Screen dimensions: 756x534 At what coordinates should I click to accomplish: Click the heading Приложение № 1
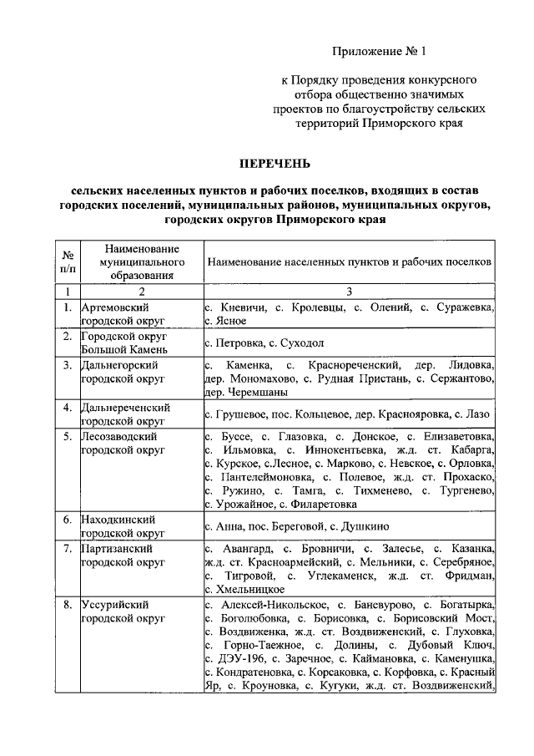pyautogui.click(x=379, y=50)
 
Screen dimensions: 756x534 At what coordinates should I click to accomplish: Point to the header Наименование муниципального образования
pyautogui.click(x=140, y=261)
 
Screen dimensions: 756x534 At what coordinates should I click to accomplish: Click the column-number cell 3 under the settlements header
pyautogui.click(x=350, y=292)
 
